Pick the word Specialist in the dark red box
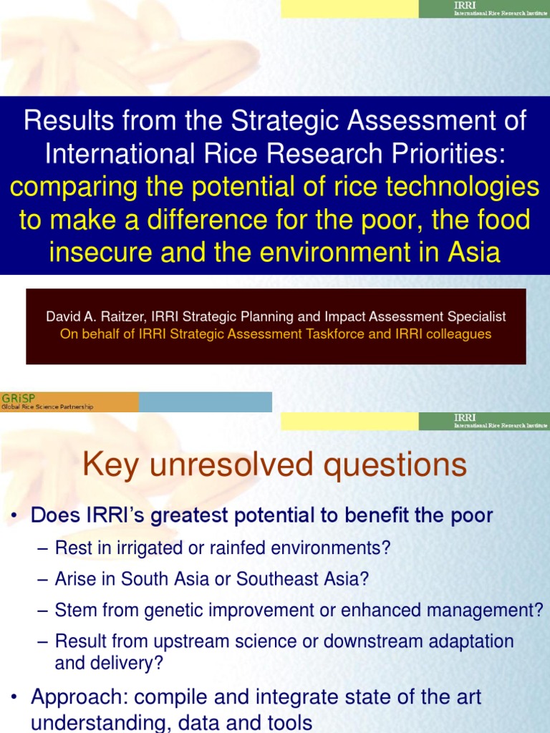pyautogui.click(x=480, y=316)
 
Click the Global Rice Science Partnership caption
pyautogui.click(x=47, y=407)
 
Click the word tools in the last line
pyautogui.click(x=290, y=722)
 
